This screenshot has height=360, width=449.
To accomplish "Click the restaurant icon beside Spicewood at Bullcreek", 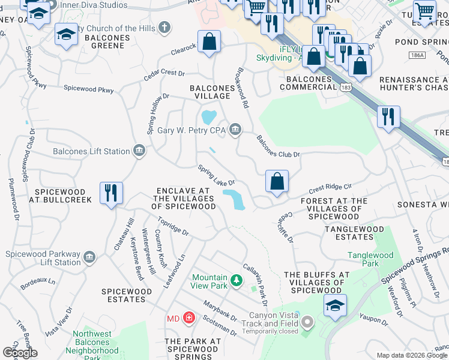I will [x=111, y=193].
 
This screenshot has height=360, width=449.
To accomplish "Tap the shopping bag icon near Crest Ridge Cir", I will [x=277, y=181].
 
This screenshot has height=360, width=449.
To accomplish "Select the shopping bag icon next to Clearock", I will [x=209, y=43].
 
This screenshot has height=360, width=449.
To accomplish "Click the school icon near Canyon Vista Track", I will [x=335, y=305].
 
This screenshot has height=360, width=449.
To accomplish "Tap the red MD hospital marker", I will [x=188, y=317].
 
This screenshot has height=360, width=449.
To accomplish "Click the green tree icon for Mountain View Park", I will [x=237, y=280].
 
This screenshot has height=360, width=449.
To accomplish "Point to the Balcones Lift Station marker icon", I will [x=139, y=151].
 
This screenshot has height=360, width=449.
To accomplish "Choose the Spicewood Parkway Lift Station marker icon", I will [x=89, y=257].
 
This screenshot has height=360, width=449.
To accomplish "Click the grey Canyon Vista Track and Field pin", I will [x=307, y=323].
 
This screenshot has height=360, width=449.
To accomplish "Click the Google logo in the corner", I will [x=20, y=353].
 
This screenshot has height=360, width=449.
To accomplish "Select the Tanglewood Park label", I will [x=370, y=259].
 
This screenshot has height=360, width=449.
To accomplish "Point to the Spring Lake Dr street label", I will [x=216, y=175].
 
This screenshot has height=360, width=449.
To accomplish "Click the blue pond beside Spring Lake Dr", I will [x=234, y=199].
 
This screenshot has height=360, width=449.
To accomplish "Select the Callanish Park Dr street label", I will [x=254, y=280].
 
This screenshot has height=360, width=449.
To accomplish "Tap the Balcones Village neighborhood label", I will [x=210, y=92].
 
